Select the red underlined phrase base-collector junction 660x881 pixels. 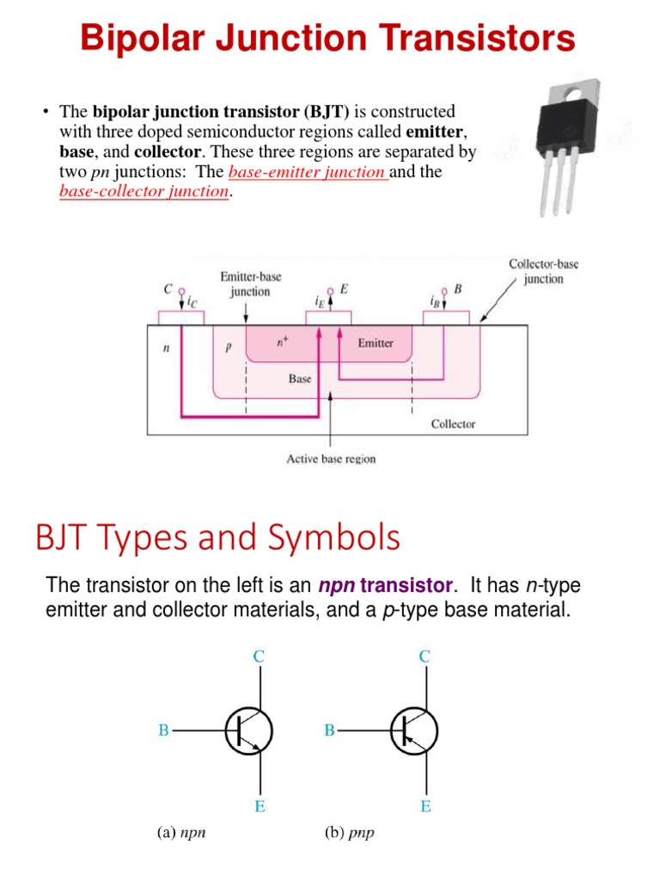144,191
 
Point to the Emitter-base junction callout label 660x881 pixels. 251,284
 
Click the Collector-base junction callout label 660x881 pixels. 543,271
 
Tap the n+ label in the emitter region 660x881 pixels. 282,342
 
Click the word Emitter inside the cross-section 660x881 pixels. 376,343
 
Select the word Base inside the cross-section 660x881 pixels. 300,379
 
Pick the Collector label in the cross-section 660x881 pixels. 453,423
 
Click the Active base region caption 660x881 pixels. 331,459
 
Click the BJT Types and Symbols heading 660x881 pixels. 217,538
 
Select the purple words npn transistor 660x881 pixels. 385,586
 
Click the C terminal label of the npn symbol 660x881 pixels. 259,656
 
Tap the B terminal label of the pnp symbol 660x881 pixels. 329,730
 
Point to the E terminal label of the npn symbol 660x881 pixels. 260,807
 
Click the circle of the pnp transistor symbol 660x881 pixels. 415,730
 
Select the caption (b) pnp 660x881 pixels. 349,833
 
